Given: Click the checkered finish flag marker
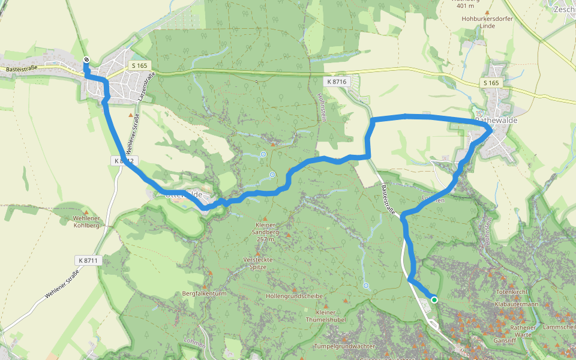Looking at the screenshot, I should pos(86,59).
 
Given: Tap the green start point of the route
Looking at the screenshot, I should pos(434,299).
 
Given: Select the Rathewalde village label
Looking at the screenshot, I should pos(496,120).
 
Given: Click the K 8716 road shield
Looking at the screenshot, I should pos(338,80).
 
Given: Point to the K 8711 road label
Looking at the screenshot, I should pos(87,260).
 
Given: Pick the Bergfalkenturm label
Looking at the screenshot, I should pos(204,294).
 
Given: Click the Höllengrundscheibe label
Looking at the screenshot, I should pos(294,296).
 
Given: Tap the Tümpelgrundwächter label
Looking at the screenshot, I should pos(344,346).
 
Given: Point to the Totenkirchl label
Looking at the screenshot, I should pos(511,292).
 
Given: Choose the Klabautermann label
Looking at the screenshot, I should pos(517,304).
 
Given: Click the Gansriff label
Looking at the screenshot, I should pos(505,340).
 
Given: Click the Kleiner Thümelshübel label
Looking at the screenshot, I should pos(325,316).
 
